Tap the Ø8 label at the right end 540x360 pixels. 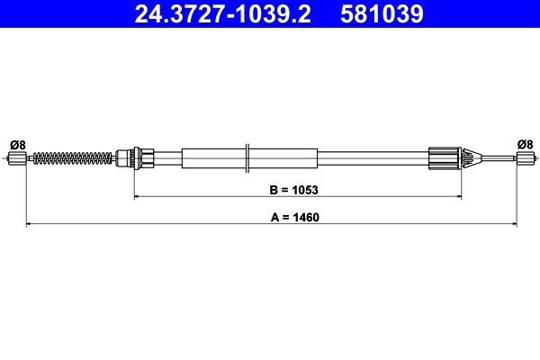coord(525,143)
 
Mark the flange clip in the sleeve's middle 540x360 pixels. coord(247,159)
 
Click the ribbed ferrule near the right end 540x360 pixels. coord(446,159)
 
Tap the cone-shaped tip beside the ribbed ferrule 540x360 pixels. coord(467,159)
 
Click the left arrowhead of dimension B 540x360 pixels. coord(138,196)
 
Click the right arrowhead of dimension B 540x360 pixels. coord(462,196)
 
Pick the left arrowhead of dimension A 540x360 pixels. coord(27,222)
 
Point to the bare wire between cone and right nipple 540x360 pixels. coord(493,159)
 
